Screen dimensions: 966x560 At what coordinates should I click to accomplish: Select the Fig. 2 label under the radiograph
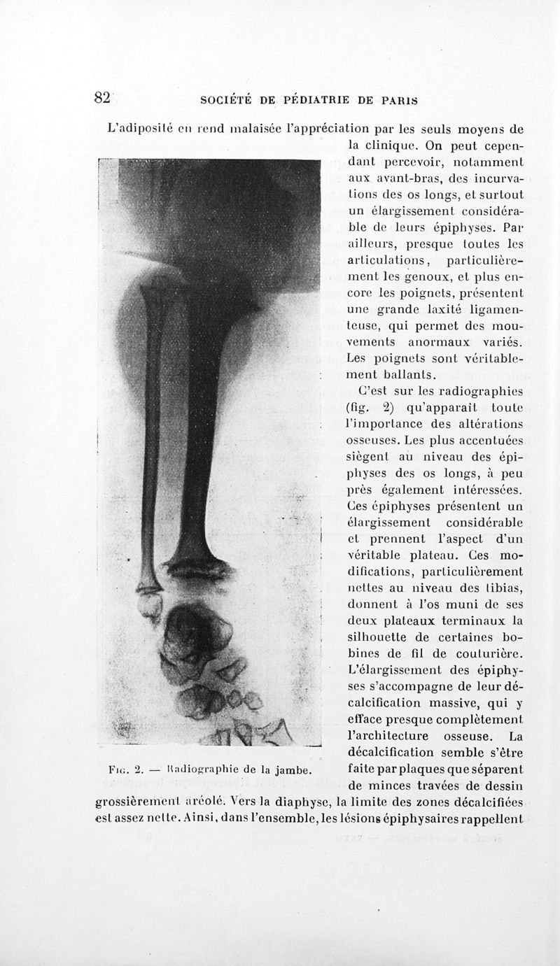click(x=127, y=771)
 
